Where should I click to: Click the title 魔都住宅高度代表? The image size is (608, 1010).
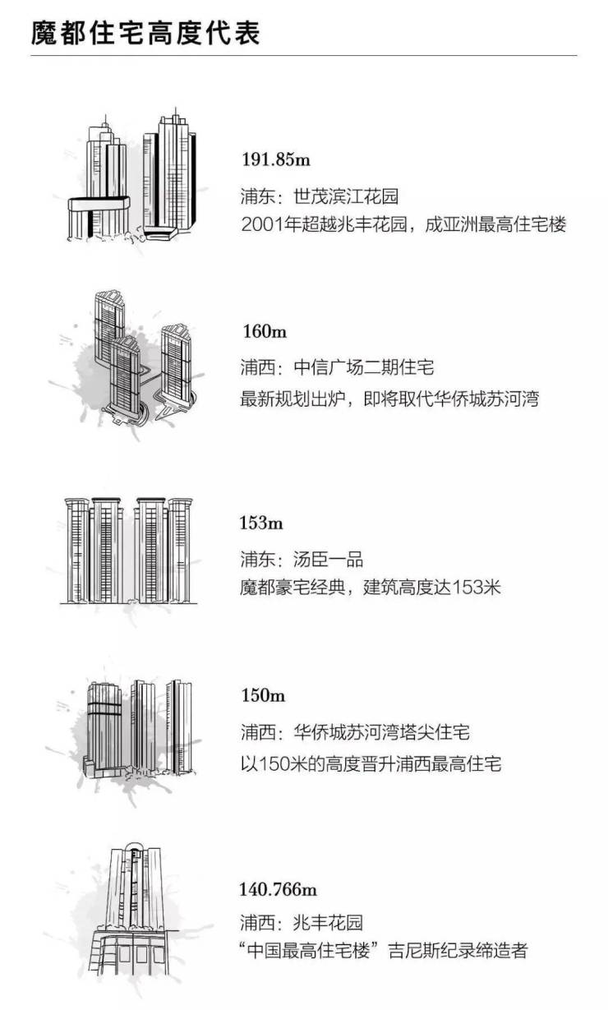click(x=145, y=33)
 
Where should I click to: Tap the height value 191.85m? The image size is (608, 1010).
click(x=276, y=159)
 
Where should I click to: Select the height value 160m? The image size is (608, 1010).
click(x=265, y=331)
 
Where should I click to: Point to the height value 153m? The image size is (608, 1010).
click(x=261, y=523)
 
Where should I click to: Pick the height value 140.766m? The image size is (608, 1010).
click(x=278, y=889)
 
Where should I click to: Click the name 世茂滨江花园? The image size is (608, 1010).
click(x=346, y=196)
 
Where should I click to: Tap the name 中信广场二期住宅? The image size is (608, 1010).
click(x=364, y=367)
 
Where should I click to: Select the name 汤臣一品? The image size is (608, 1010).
click(x=328, y=559)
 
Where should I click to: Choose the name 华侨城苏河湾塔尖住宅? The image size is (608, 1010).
click(x=382, y=731)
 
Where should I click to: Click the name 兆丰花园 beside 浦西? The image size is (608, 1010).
click(x=328, y=922)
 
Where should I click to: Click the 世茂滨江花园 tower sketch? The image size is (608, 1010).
click(x=132, y=175)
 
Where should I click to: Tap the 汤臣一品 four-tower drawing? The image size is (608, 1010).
click(x=129, y=551)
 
